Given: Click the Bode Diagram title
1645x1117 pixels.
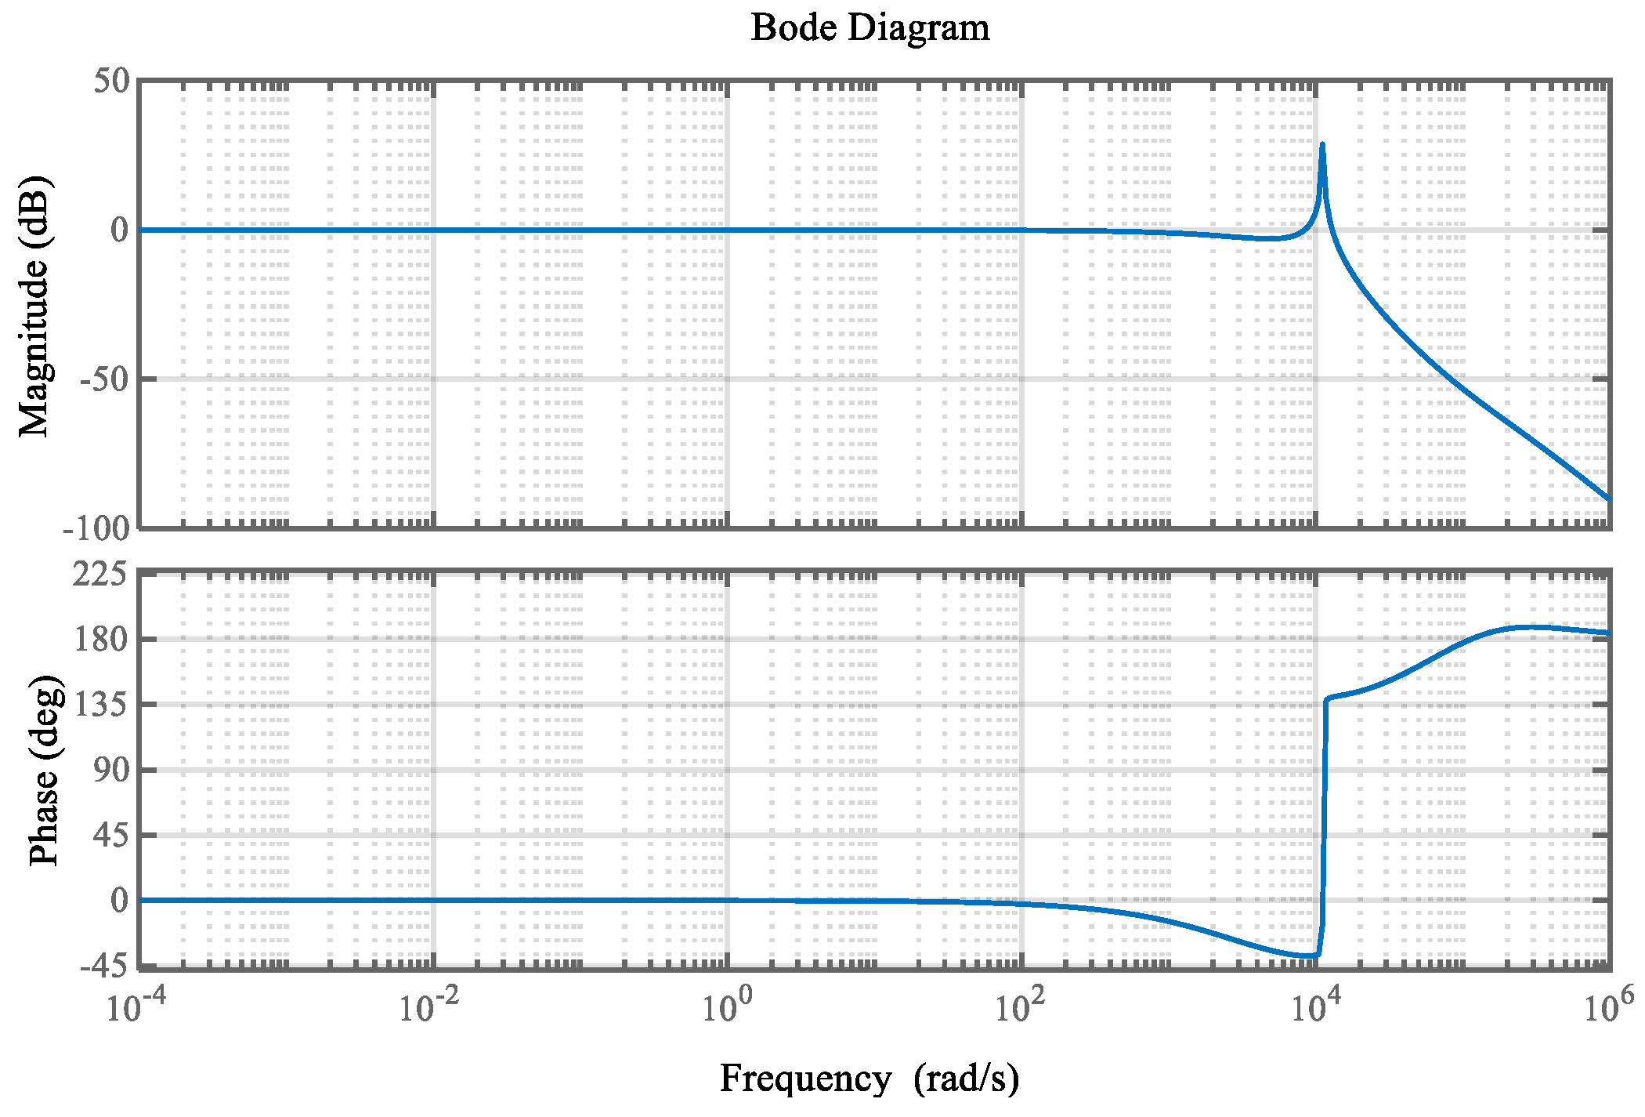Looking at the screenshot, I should [869, 28].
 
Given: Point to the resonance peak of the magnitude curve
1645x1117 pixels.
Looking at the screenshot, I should [1322, 145].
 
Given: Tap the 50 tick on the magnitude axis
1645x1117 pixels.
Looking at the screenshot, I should [111, 81].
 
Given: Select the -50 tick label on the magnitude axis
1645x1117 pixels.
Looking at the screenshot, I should [103, 379].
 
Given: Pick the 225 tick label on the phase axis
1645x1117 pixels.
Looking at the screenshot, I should [100, 575].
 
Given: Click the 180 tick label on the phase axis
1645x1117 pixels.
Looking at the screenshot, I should [100, 640].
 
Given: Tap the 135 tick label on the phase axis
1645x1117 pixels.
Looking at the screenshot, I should [100, 705].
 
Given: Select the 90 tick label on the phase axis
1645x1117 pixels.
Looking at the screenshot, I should [110, 770].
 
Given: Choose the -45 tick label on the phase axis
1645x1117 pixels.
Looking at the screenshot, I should [103, 966].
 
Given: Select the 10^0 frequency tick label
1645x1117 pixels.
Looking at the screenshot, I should [727, 1006].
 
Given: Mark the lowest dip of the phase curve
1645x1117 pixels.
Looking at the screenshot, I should [1310, 956].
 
